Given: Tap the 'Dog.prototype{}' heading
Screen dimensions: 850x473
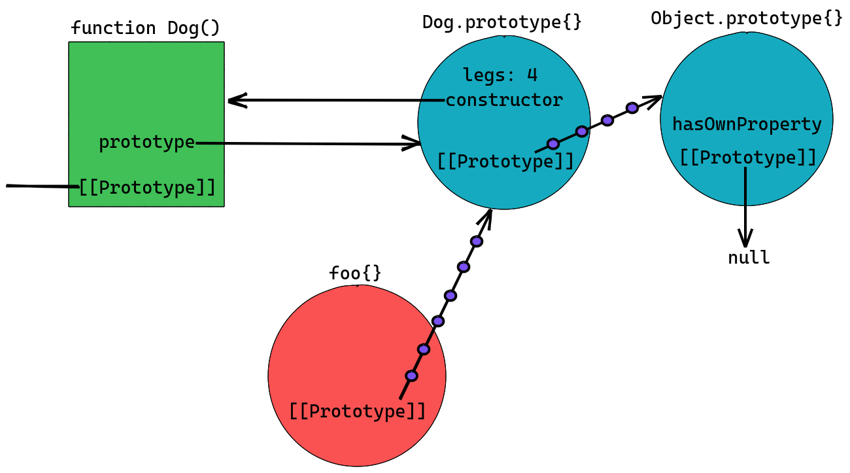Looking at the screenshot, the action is pos(502,22).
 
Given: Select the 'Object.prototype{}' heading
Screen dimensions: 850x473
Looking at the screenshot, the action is pos(747,18).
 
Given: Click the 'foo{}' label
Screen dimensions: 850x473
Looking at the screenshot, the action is pos(355,273).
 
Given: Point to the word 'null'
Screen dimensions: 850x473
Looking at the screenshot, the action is pos(749,258).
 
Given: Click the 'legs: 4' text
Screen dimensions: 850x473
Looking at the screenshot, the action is pos(500,75).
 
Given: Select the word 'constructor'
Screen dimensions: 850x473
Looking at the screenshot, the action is pos(504,101).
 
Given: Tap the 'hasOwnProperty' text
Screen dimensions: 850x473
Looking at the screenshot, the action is pos(747,124).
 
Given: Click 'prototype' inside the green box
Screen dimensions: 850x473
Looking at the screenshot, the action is pos(147,143).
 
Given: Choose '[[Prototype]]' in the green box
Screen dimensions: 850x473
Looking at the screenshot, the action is pos(147,188).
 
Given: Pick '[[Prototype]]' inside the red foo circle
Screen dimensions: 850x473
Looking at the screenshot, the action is pos(358,412).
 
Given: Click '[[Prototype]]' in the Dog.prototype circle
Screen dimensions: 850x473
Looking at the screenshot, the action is pos(505,162).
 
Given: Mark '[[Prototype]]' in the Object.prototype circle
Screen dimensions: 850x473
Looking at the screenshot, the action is pos(748,158).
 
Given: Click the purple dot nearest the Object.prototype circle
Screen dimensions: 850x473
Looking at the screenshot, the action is pos(632,108).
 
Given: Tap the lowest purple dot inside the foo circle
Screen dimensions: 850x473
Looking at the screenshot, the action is pos(412,376).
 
